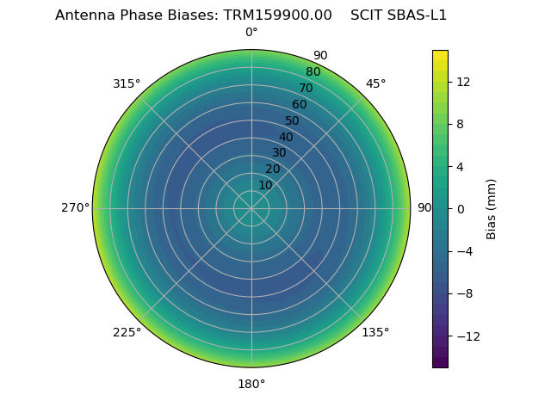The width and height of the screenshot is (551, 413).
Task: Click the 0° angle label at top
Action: tap(251, 33)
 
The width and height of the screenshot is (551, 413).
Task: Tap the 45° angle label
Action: tap(375, 83)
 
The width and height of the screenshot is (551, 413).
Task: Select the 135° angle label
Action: tap(375, 332)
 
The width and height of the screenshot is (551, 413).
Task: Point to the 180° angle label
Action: tap(251, 384)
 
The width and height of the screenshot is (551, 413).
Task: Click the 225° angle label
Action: tap(127, 332)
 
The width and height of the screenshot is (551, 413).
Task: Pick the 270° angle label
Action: tap(75, 207)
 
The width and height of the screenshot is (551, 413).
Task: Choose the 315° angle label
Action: tap(127, 83)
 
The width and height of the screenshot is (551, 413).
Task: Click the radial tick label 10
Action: tap(265, 185)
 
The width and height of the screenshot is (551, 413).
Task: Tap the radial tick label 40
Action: tap(286, 137)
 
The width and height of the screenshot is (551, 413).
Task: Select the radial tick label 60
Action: tap(299, 104)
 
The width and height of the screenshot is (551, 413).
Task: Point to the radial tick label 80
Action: tap(313, 71)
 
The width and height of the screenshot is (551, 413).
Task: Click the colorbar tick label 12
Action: tap(462, 82)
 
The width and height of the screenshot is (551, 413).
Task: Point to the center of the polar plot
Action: tap(251, 208)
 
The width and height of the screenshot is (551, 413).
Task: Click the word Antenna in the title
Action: tap(84, 15)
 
